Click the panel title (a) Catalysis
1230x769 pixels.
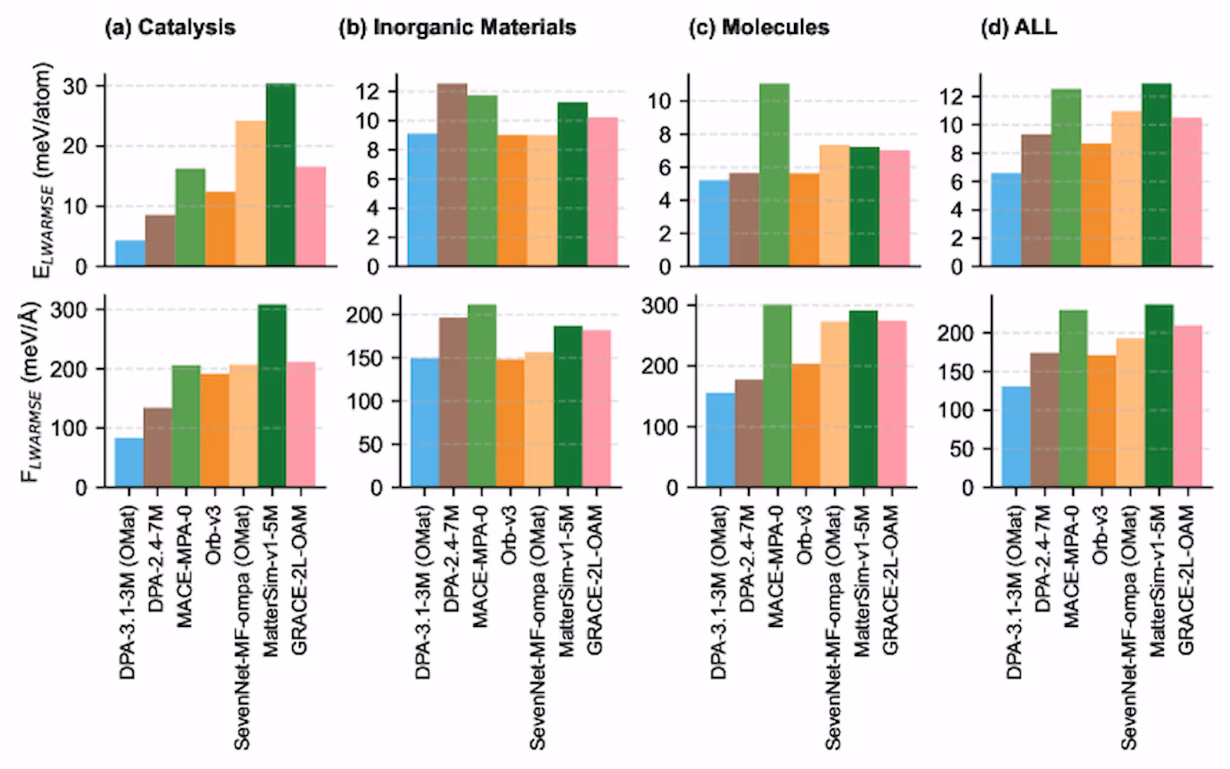170,28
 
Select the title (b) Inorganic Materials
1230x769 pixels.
457,28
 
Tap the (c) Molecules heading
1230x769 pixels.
759,28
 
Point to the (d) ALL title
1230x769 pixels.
1019,28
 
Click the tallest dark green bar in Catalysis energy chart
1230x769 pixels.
281,175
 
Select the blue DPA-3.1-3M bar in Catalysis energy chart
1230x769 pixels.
130,254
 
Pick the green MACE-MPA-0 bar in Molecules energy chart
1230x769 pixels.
774,175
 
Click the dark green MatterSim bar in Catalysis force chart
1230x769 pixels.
272,396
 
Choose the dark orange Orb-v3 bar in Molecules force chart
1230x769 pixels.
806,426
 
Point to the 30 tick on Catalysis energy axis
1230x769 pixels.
75,86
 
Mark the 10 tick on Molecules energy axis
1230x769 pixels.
660,101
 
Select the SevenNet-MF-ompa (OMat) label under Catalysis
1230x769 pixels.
242,627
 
